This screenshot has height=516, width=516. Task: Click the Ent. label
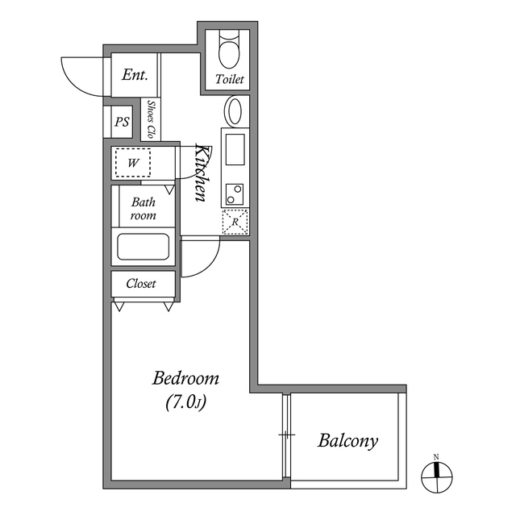tap(135, 75)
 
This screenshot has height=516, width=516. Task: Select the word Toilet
tap(230, 79)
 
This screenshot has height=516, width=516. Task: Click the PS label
tap(122, 122)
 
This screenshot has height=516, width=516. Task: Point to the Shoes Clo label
tap(151, 119)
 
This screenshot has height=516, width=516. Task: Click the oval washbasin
tap(234, 111)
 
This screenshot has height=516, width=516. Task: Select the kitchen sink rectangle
tap(235, 149)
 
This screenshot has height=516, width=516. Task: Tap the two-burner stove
tap(235, 194)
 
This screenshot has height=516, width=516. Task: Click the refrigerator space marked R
tap(235, 222)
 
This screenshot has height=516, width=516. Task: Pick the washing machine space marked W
tap(133, 163)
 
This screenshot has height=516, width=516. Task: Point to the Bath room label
tap(144, 208)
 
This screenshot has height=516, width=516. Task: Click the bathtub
tap(144, 247)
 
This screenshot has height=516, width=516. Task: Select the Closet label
tap(141, 284)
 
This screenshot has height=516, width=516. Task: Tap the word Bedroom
tap(185, 378)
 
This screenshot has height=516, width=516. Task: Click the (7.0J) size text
tap(185, 402)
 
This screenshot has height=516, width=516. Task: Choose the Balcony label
tap(347, 441)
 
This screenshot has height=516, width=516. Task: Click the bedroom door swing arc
tap(209, 264)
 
